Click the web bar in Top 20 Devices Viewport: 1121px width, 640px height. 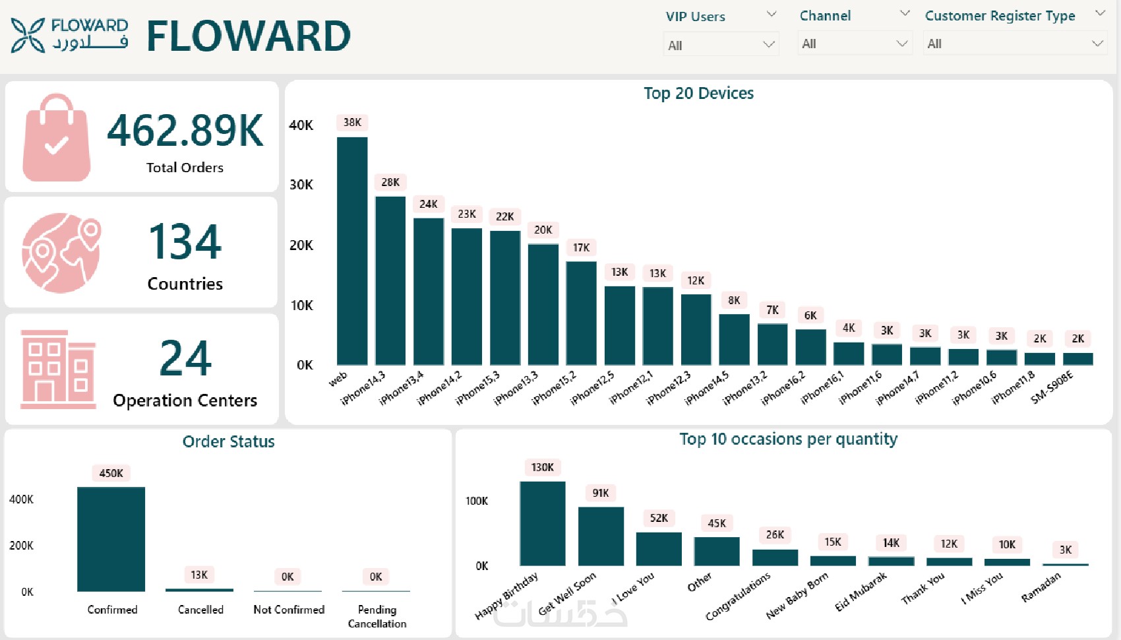click(352, 251)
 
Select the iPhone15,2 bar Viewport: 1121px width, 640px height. click(581, 313)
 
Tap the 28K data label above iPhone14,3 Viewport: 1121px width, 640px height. click(390, 182)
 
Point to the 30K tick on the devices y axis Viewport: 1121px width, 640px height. click(301, 185)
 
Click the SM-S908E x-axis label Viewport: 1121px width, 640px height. click(1052, 387)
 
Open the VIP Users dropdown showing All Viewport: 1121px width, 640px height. click(721, 45)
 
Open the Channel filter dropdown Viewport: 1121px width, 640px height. click(855, 44)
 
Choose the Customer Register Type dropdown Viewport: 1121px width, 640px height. click(1014, 44)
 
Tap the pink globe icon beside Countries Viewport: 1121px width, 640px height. click(61, 252)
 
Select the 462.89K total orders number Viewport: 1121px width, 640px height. click(185, 130)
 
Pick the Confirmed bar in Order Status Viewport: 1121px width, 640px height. click(111, 538)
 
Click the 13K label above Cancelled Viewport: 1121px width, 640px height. click(199, 575)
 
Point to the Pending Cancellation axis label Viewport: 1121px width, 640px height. click(377, 616)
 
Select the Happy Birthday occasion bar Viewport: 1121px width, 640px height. click(542, 523)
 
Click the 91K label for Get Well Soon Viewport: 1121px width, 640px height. click(601, 493)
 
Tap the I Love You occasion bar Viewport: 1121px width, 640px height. click(659, 548)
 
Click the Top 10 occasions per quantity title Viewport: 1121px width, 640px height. click(788, 439)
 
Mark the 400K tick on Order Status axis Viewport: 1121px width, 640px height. click(21, 499)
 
